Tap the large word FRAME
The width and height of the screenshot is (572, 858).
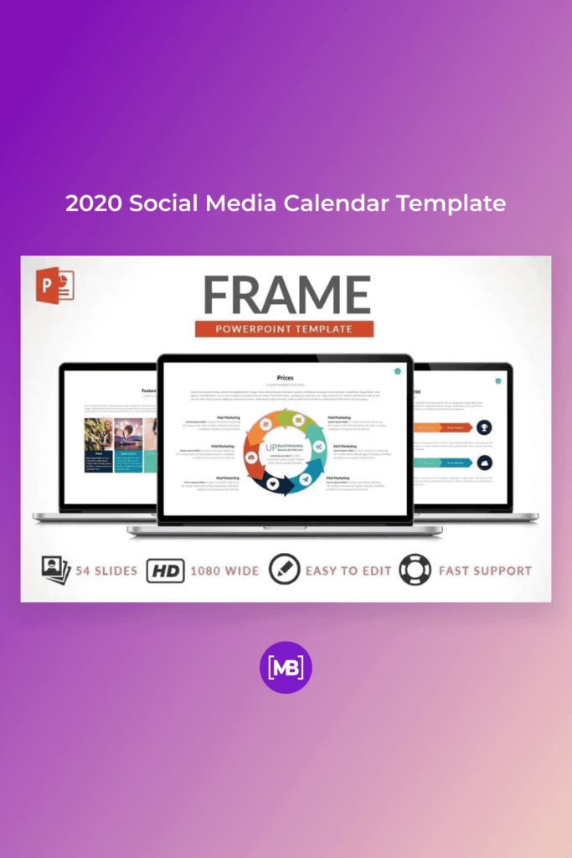click(286, 294)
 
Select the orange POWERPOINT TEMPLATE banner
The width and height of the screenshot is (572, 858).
click(285, 328)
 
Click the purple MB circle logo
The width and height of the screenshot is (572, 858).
click(286, 668)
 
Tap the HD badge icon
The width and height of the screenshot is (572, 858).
click(165, 571)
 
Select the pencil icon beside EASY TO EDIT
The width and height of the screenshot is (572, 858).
click(284, 571)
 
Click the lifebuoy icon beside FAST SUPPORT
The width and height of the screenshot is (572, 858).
click(414, 571)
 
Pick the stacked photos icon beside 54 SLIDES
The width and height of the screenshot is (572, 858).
click(55, 571)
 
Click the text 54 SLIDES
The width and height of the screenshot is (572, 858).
click(106, 571)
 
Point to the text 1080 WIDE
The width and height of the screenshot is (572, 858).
click(224, 571)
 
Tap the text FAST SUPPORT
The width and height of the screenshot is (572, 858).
click(485, 571)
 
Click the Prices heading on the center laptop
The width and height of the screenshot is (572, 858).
click(285, 378)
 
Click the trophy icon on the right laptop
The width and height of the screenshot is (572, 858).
click(485, 427)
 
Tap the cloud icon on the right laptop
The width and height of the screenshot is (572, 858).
click(485, 463)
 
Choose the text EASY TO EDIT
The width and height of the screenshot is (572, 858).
click(348, 571)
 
